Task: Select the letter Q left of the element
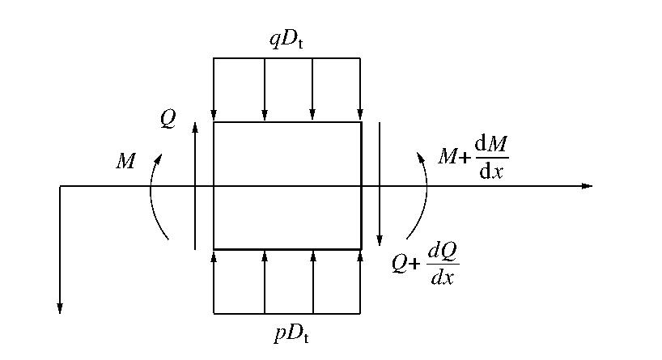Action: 168,119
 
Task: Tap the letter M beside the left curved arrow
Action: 126,161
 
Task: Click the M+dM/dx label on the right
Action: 473,157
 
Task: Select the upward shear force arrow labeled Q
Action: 195,186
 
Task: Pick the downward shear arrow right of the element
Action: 379,186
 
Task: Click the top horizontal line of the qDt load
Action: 286,58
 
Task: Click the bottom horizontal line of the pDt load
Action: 286,313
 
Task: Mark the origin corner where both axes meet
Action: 60,186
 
